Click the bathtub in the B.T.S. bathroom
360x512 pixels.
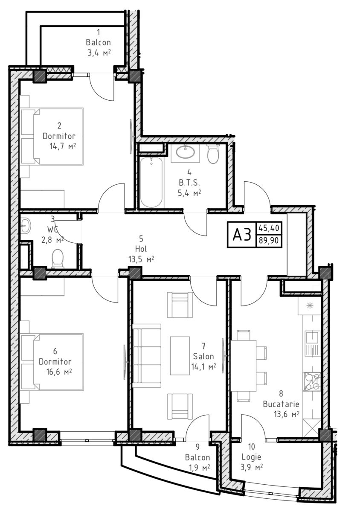(152, 183)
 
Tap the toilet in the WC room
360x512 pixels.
(58, 258)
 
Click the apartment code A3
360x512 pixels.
(242, 235)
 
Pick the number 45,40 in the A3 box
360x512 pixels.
(269, 228)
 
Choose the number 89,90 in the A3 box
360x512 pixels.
(269, 240)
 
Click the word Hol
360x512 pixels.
(141, 249)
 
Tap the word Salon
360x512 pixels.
(203, 356)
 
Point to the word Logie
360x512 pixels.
(251, 457)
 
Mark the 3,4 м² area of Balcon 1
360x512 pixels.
(99, 53)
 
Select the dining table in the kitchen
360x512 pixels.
(244, 366)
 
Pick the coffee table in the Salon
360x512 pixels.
(180, 355)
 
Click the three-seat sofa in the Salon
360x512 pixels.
(147, 355)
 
